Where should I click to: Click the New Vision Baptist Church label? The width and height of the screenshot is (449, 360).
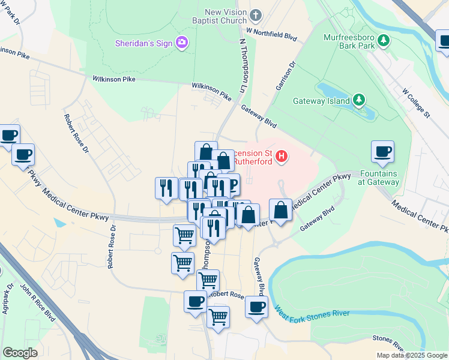[x=225, y=16]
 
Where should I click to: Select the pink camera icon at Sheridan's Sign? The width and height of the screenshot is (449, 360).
[x=181, y=42]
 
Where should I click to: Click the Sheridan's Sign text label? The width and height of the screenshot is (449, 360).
[x=144, y=43]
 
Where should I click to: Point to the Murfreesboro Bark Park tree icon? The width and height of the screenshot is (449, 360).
[x=382, y=41]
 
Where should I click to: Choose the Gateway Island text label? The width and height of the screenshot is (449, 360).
[x=321, y=101]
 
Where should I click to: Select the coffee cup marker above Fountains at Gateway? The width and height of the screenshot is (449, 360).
[x=382, y=152]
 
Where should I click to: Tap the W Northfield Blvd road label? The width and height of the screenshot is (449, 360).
[x=272, y=34]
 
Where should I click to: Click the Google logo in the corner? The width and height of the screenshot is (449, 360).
[x=20, y=353]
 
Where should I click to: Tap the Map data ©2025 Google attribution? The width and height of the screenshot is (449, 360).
[x=412, y=355]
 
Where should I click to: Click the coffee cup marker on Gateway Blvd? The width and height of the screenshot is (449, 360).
[x=256, y=307]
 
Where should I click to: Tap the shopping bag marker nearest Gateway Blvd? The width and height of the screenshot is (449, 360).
[x=281, y=210]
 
